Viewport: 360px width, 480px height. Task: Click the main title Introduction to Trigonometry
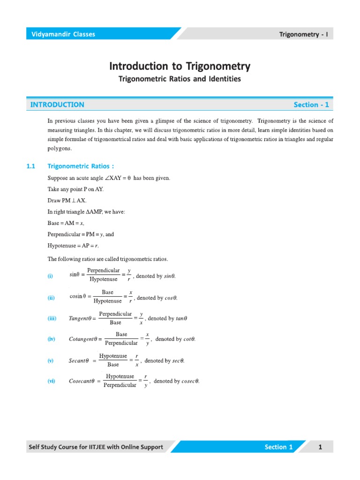pos(180,66)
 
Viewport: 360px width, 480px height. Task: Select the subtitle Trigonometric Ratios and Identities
pos(180,79)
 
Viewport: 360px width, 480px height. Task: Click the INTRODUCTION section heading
pos(57,105)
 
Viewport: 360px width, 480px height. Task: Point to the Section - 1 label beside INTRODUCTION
pos(311,105)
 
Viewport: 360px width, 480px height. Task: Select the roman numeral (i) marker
pos(50,276)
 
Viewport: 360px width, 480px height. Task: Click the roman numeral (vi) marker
pos(51,381)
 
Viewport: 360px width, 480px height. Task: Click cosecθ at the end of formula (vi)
pos(187,381)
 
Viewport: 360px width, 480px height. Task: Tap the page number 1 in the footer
pos(320,447)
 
